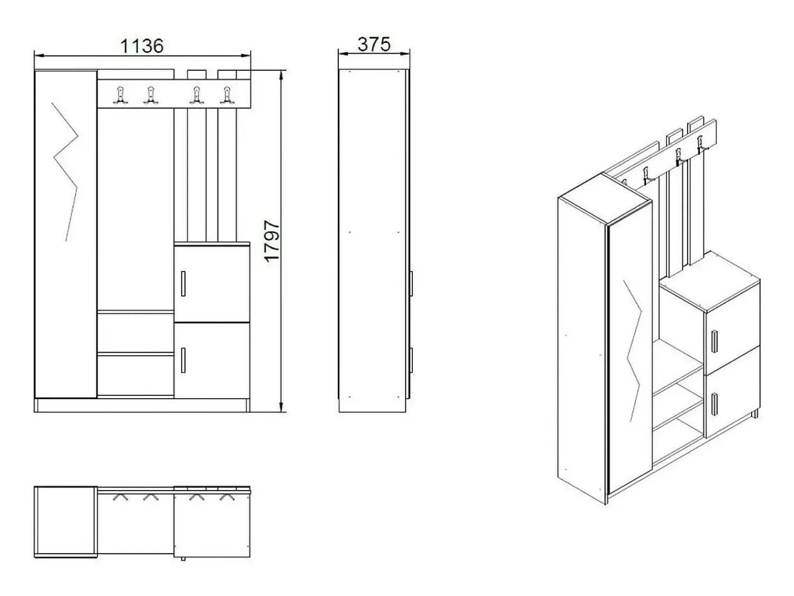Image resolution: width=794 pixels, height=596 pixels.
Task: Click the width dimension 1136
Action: (x=141, y=46)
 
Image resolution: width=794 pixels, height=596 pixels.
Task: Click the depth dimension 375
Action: (x=374, y=44)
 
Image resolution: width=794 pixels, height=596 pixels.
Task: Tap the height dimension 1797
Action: (x=272, y=241)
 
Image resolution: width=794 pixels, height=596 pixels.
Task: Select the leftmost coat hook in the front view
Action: (x=121, y=95)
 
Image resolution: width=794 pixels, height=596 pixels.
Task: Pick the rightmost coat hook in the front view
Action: (x=227, y=95)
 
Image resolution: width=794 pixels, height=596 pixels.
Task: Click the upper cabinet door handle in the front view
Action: (x=183, y=284)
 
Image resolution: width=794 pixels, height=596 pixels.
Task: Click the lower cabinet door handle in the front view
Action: (x=183, y=360)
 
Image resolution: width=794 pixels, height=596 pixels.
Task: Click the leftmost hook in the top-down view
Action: (x=121, y=498)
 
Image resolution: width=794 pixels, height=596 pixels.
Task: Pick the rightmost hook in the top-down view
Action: (x=227, y=498)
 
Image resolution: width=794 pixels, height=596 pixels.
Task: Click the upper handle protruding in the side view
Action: (x=411, y=284)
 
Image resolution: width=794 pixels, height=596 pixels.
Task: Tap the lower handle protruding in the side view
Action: (x=411, y=360)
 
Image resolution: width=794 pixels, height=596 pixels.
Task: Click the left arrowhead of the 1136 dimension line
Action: (x=39, y=56)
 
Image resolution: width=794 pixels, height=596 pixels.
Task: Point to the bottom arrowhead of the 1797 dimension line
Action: (x=282, y=407)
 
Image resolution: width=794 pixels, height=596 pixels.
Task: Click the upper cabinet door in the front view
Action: (x=212, y=283)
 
